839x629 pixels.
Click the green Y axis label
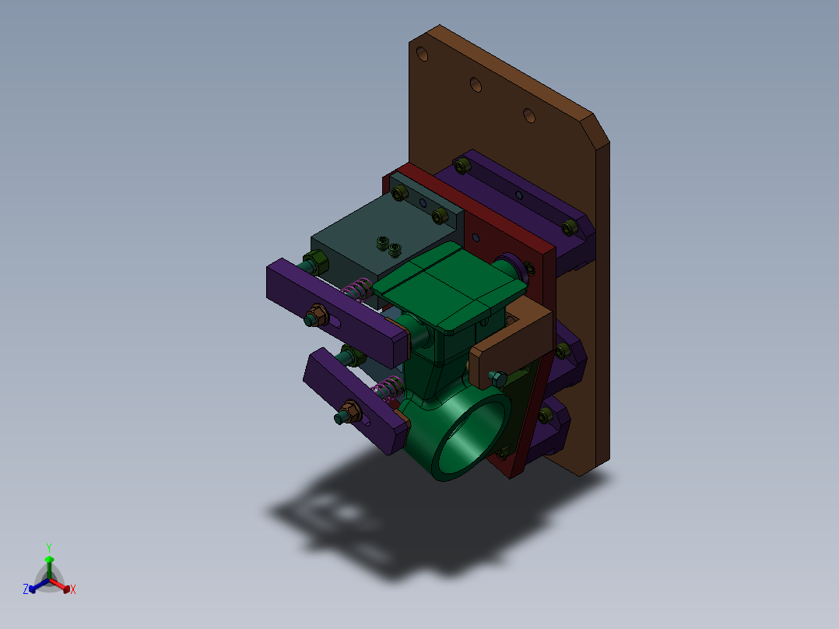[48, 547]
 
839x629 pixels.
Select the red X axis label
[73, 590]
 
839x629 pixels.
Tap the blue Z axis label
[26, 590]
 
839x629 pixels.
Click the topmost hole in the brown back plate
[422, 54]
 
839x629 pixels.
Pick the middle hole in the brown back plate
[475, 83]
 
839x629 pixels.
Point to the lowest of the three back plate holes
[528, 116]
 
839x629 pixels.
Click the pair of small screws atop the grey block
[388, 246]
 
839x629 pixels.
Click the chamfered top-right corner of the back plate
[595, 128]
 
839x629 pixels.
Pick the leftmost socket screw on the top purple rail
[462, 166]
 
